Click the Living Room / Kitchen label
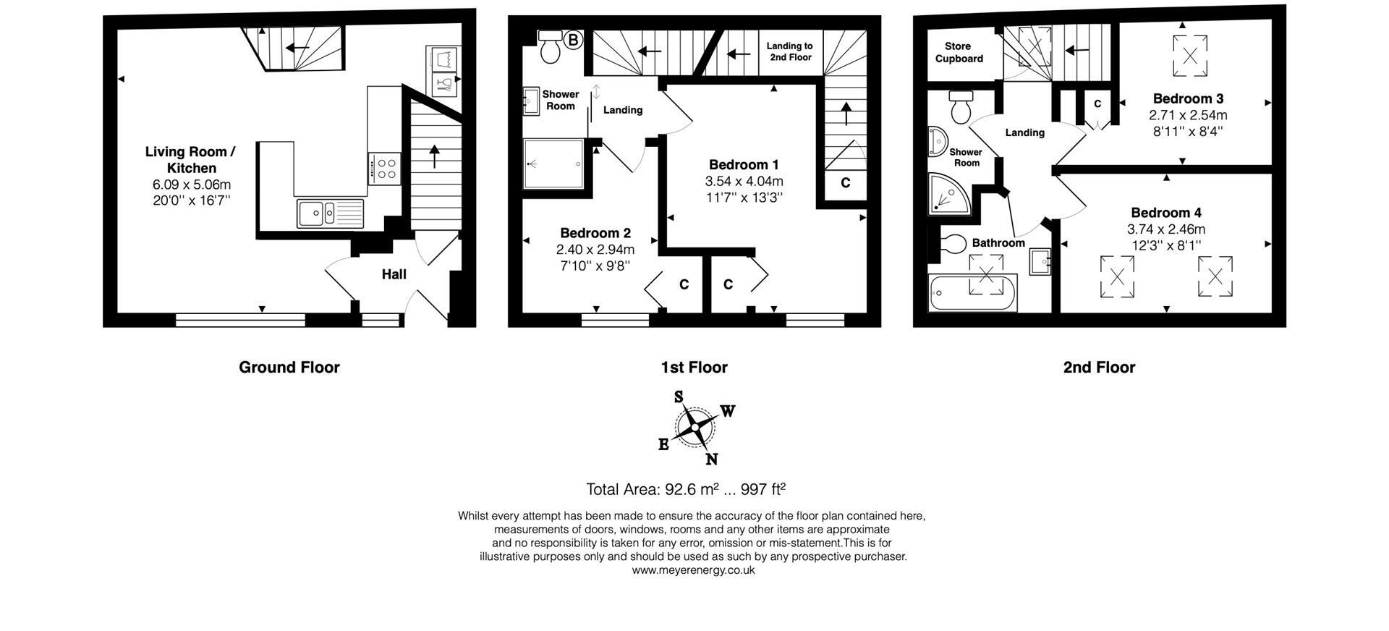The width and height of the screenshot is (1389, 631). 190,160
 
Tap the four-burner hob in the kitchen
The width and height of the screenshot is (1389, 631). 384,169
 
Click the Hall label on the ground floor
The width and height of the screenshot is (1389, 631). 394,274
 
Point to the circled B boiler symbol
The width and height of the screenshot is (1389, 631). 573,40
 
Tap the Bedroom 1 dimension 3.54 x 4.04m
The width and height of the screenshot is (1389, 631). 744,181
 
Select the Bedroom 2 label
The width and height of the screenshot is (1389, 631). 595,233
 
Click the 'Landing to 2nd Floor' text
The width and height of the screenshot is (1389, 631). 790,51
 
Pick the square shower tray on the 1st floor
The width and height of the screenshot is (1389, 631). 553,164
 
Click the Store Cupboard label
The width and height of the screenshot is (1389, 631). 959,52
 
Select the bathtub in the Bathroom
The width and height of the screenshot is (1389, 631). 973,293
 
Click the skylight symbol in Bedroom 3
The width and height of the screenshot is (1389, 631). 1189,56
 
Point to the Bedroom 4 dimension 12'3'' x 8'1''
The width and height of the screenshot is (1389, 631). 1166,245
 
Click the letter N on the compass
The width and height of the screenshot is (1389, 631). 711,459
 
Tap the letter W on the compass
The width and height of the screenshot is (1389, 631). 728,412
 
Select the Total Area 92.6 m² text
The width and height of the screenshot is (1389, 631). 685,489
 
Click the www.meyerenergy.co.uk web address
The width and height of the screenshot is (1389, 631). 692,570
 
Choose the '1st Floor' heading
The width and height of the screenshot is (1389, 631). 693,368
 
